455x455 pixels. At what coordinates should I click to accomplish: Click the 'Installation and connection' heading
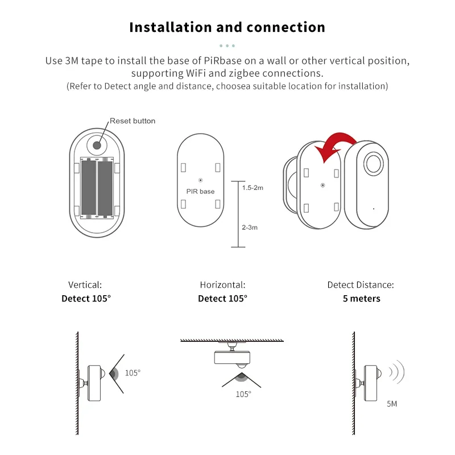(x=227, y=27)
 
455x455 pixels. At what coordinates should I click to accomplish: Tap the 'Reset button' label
(x=132, y=121)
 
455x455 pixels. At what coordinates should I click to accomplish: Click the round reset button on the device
(x=97, y=145)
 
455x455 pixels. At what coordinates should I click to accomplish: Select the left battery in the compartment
(x=88, y=188)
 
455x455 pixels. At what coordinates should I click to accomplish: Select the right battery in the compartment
(x=106, y=188)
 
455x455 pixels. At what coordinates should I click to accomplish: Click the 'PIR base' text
(x=200, y=192)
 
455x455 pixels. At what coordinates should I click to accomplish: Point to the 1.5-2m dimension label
(x=253, y=188)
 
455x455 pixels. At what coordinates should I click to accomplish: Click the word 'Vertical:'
(x=85, y=285)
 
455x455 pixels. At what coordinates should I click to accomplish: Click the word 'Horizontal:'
(x=222, y=285)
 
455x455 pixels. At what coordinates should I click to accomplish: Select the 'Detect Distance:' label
(x=361, y=285)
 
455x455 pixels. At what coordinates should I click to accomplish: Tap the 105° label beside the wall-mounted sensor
(x=133, y=373)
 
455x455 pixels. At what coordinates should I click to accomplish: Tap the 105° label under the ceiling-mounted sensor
(x=243, y=394)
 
